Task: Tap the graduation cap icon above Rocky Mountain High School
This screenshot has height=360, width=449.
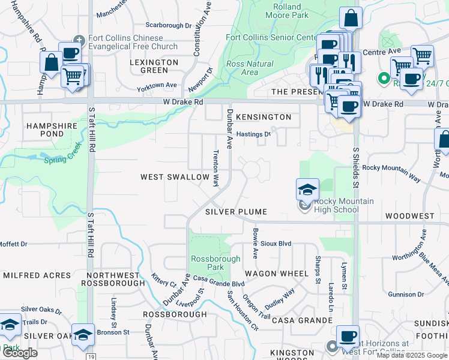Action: [307, 190]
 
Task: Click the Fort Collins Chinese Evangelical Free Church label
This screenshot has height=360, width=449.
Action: [133, 42]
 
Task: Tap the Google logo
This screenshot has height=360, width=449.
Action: [19, 353]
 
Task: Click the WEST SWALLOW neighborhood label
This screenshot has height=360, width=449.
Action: [175, 177]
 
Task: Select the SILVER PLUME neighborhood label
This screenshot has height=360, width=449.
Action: [235, 212]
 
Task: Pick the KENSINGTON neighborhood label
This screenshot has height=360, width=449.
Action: [264, 117]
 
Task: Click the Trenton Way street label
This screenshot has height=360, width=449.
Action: [215, 167]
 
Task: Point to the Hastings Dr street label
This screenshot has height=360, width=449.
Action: [253, 134]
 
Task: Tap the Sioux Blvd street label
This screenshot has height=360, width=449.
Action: [276, 244]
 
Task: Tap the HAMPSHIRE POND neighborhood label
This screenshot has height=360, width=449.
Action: [51, 131]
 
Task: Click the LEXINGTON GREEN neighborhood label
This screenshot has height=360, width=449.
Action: [154, 66]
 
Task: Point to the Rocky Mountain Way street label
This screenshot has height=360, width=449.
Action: [391, 169]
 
